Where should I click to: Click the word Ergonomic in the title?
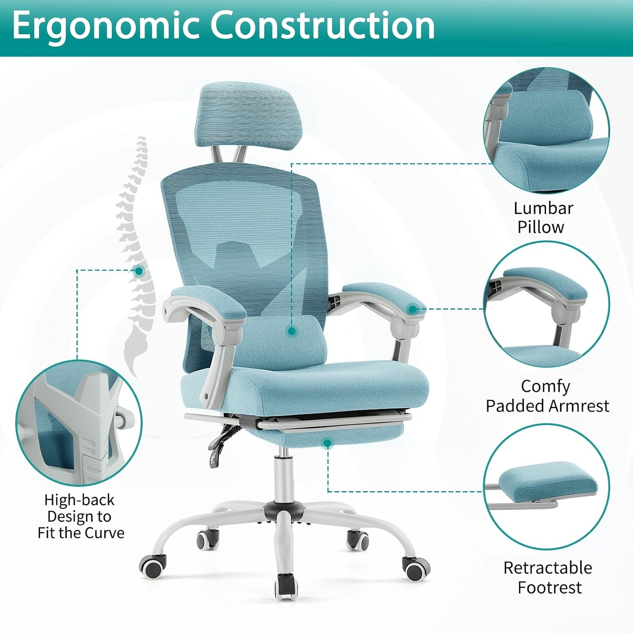(x=105, y=26)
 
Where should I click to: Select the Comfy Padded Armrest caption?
(x=547, y=396)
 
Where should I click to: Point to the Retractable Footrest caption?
(x=548, y=577)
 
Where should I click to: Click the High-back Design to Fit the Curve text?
(x=80, y=516)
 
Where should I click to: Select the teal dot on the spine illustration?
(x=138, y=271)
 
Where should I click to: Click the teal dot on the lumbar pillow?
(x=291, y=331)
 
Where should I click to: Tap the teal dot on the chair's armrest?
(x=413, y=309)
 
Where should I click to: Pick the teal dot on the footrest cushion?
(x=327, y=443)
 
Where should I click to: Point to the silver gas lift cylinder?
(x=282, y=477)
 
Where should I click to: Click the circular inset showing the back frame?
(x=79, y=423)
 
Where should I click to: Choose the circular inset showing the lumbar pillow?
(x=546, y=131)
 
